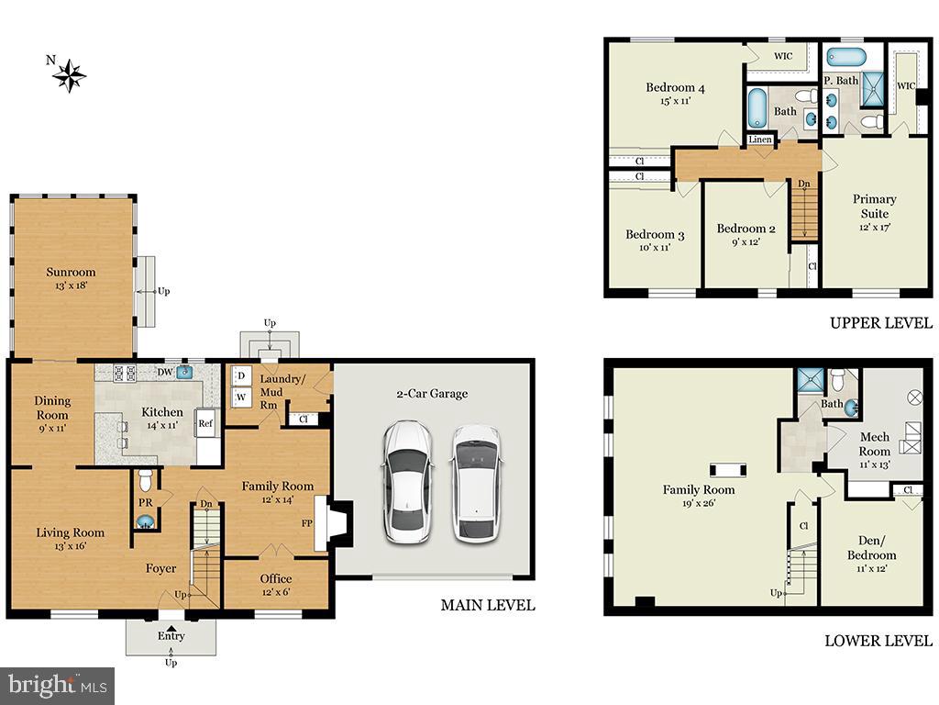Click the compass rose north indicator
point(68,74)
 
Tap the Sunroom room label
point(72,272)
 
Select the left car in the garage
point(408,480)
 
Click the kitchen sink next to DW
point(184,372)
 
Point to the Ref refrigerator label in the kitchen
point(205,424)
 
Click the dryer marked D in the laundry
point(241,376)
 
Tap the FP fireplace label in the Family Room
point(307,523)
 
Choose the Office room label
point(275,578)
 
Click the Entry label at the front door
point(171,635)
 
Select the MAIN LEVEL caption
point(487,606)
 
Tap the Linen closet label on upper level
point(760,140)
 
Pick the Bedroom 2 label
point(746,229)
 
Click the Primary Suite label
point(874,206)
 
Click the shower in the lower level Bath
point(809,380)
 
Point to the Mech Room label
point(874,443)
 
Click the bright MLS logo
point(57,685)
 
